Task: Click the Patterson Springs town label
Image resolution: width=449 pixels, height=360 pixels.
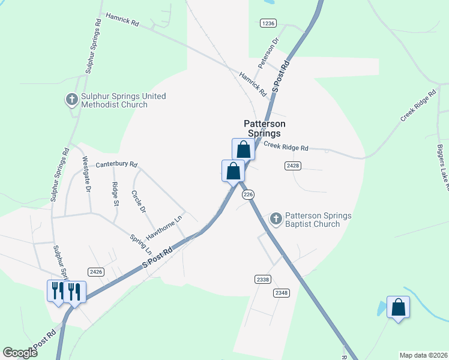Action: (x=262, y=128)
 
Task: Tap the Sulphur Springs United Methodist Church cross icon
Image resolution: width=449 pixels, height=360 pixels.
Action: (x=71, y=99)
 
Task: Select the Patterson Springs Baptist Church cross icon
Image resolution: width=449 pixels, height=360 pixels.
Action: (x=276, y=219)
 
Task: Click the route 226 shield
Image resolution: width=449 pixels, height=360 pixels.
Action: (x=249, y=194)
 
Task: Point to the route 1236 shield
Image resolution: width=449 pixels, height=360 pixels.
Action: (x=268, y=23)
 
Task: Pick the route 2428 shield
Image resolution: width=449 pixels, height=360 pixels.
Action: (x=292, y=164)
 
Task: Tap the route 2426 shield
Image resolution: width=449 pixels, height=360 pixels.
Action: (x=96, y=272)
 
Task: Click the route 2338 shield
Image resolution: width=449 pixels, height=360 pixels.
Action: (x=263, y=279)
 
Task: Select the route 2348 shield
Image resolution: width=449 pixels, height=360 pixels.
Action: (x=281, y=292)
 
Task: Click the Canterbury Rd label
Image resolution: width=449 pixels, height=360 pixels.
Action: (x=116, y=164)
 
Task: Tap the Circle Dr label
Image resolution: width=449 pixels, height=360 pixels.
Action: (x=139, y=202)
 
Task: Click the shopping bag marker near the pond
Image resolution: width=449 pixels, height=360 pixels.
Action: (x=398, y=308)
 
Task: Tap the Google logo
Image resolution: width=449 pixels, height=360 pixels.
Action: (x=20, y=353)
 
